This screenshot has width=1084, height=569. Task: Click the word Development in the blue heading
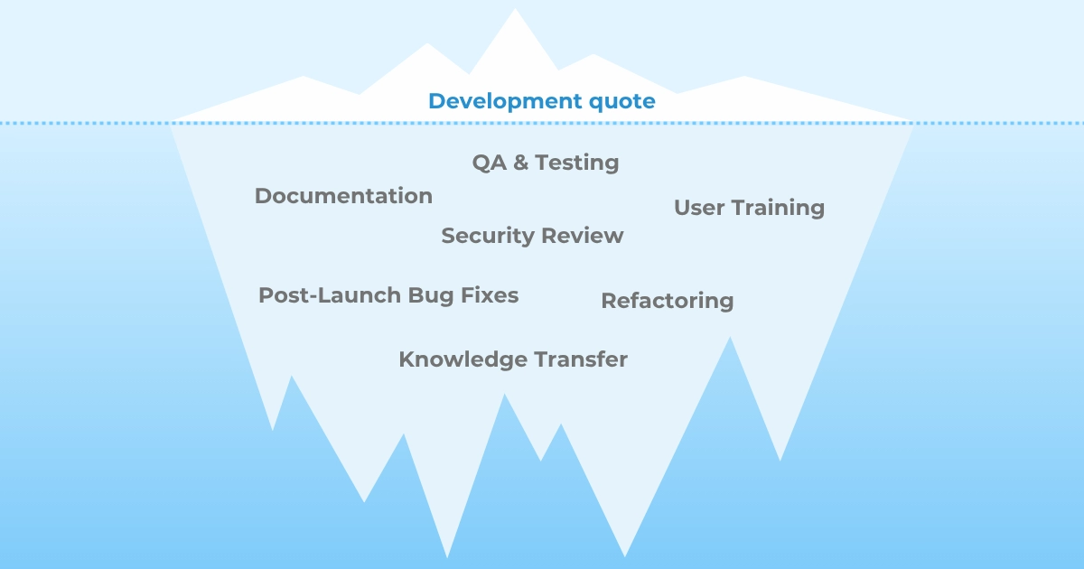pos(505,101)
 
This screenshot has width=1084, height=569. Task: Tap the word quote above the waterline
pos(621,103)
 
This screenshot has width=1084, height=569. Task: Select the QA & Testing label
pos(546,163)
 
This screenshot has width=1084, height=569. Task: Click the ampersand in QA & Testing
pos(520,163)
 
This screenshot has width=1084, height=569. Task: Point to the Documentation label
pos(343,196)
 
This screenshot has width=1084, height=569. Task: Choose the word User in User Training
pos(699,208)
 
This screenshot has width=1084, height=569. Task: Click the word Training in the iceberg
pos(778,209)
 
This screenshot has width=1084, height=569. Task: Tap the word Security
pos(488,236)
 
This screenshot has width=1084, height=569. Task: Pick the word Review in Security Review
pos(583,236)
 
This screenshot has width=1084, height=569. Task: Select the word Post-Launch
pos(330,295)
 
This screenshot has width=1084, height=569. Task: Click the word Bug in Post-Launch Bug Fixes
pos(431,296)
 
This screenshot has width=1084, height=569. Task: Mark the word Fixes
pos(490,295)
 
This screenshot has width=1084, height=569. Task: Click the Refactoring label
pos(668,302)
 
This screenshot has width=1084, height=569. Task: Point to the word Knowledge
pos(463,360)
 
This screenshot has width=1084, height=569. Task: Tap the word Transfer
pos(581,359)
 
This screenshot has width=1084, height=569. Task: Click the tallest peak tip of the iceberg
pos(515,9)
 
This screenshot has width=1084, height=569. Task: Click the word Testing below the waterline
pos(577,163)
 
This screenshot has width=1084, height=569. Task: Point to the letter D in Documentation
pos(263,196)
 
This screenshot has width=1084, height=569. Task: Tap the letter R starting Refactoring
pos(609,301)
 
